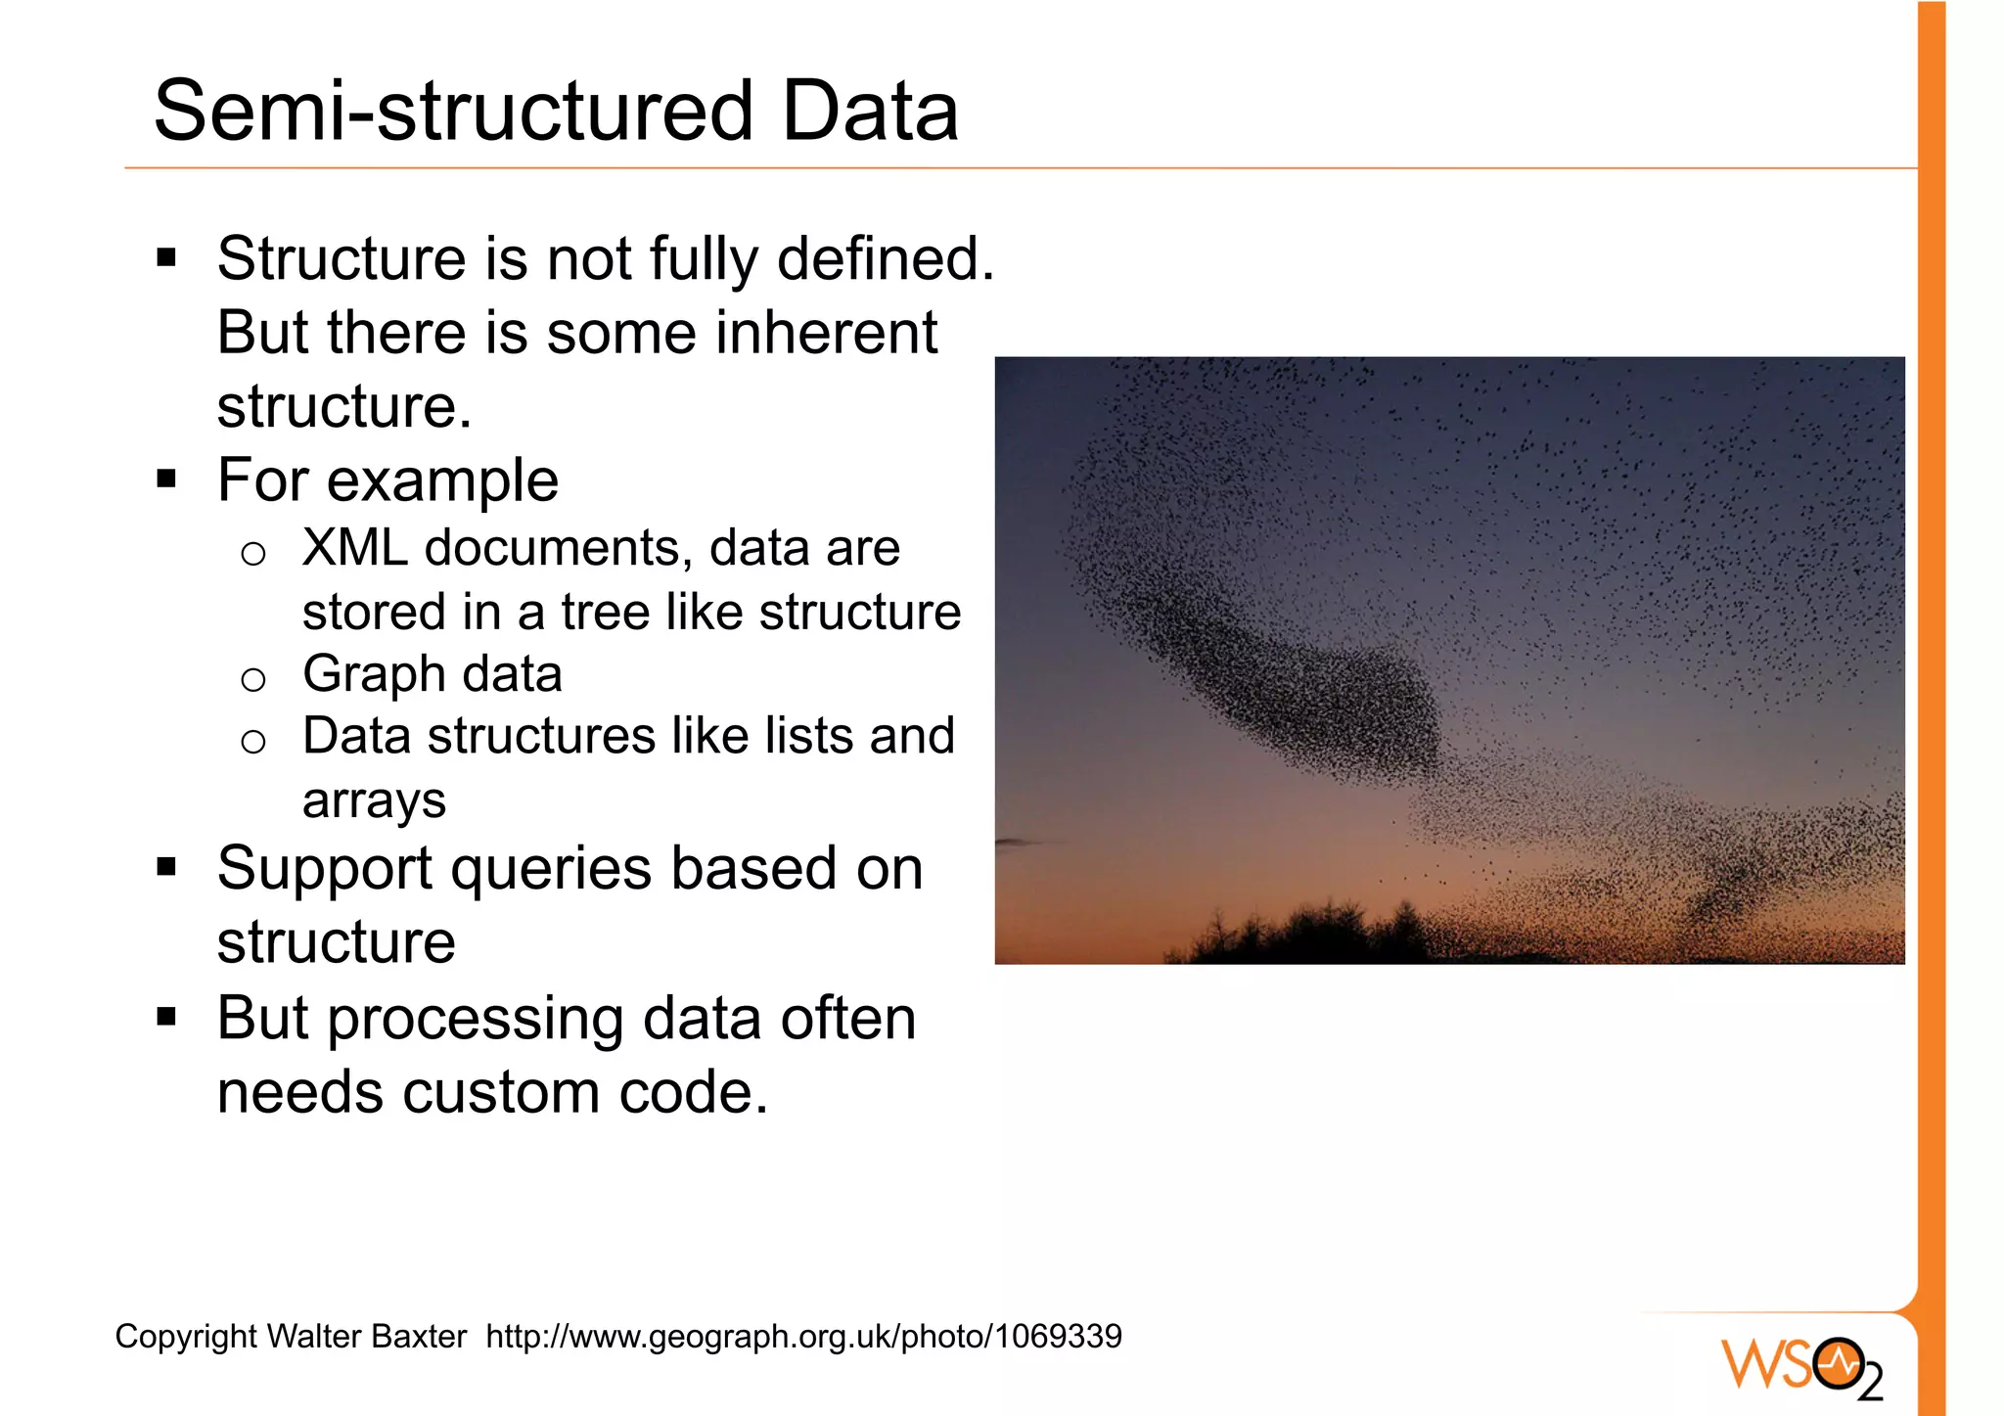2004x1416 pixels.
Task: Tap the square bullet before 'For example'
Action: coord(166,480)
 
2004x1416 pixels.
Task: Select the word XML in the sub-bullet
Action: coord(354,548)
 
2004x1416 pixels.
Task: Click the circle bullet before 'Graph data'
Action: coord(253,679)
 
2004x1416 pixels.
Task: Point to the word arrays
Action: coord(374,800)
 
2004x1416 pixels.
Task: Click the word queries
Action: coord(550,869)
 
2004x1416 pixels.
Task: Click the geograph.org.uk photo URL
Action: coord(803,1337)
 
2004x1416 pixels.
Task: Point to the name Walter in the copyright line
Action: coord(314,1337)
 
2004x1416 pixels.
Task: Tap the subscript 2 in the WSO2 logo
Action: coord(1869,1383)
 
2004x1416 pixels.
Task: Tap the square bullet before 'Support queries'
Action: coord(166,867)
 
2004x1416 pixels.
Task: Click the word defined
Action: coord(885,259)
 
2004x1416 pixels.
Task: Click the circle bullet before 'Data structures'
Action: coord(253,742)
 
